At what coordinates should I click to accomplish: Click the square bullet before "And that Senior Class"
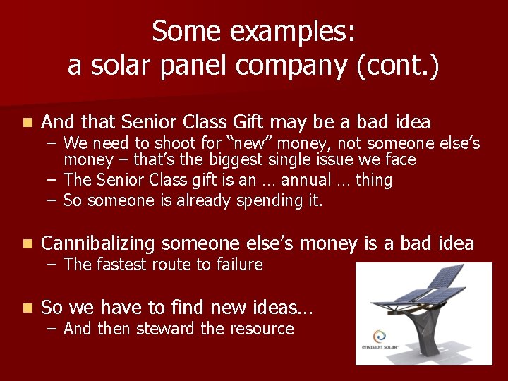coord(27,123)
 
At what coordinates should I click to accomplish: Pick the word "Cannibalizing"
coord(98,243)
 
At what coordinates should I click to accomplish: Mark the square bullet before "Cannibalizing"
coord(27,244)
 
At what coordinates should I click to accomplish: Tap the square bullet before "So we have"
coord(27,308)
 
